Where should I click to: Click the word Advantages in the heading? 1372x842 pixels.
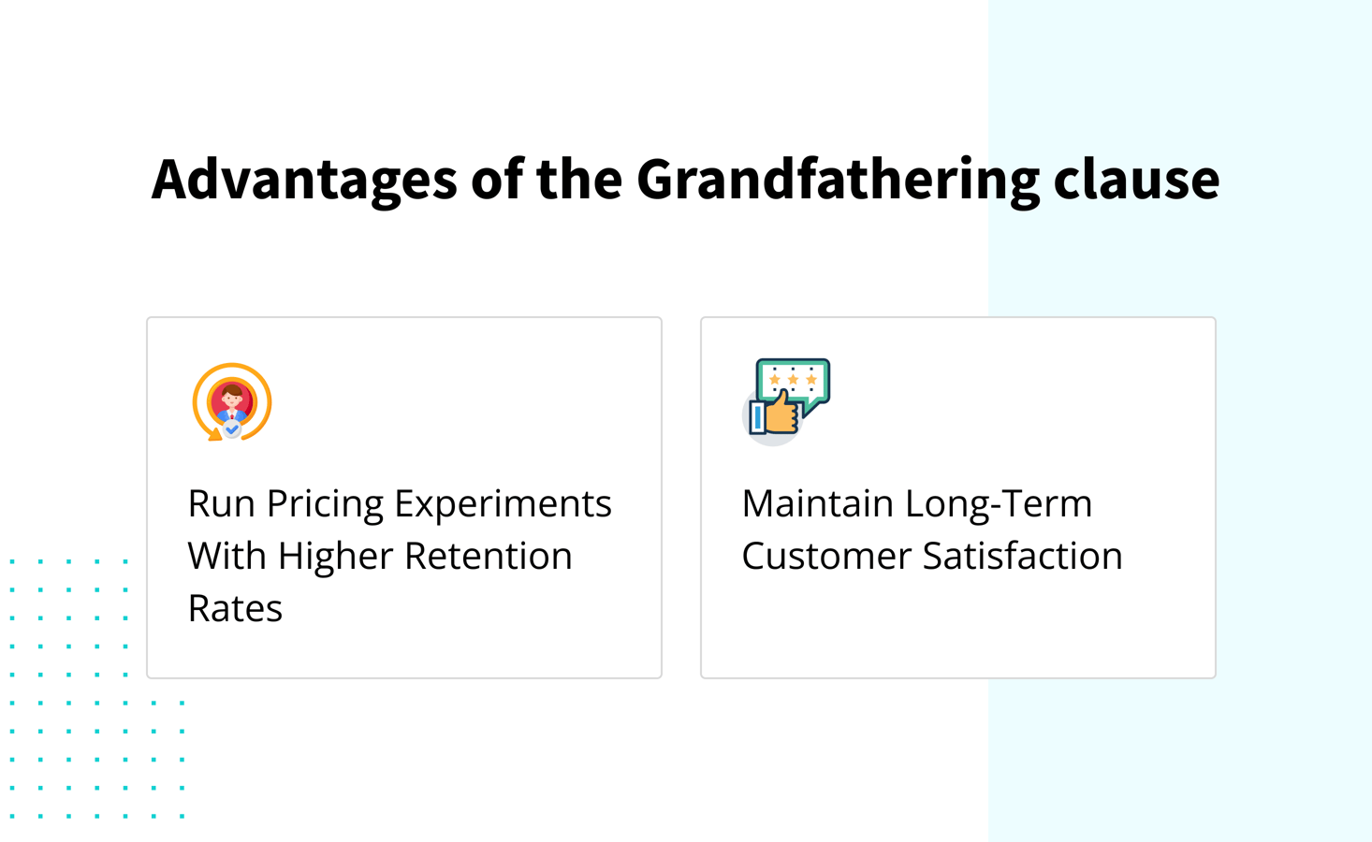[303, 179]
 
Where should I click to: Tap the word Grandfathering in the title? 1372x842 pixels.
[838, 179]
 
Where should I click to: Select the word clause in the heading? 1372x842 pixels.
[1136, 179]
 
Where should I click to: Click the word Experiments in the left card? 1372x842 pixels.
[503, 504]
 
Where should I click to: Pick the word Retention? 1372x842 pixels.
[488, 557]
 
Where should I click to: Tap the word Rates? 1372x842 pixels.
[235, 609]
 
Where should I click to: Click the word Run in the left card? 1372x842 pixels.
[221, 504]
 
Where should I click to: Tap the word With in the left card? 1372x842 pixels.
[227, 557]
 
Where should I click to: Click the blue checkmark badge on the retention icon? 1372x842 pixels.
[232, 429]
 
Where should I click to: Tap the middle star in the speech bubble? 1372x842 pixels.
[793, 380]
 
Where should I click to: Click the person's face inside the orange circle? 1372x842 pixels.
[232, 398]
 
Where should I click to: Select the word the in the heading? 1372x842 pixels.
[578, 179]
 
